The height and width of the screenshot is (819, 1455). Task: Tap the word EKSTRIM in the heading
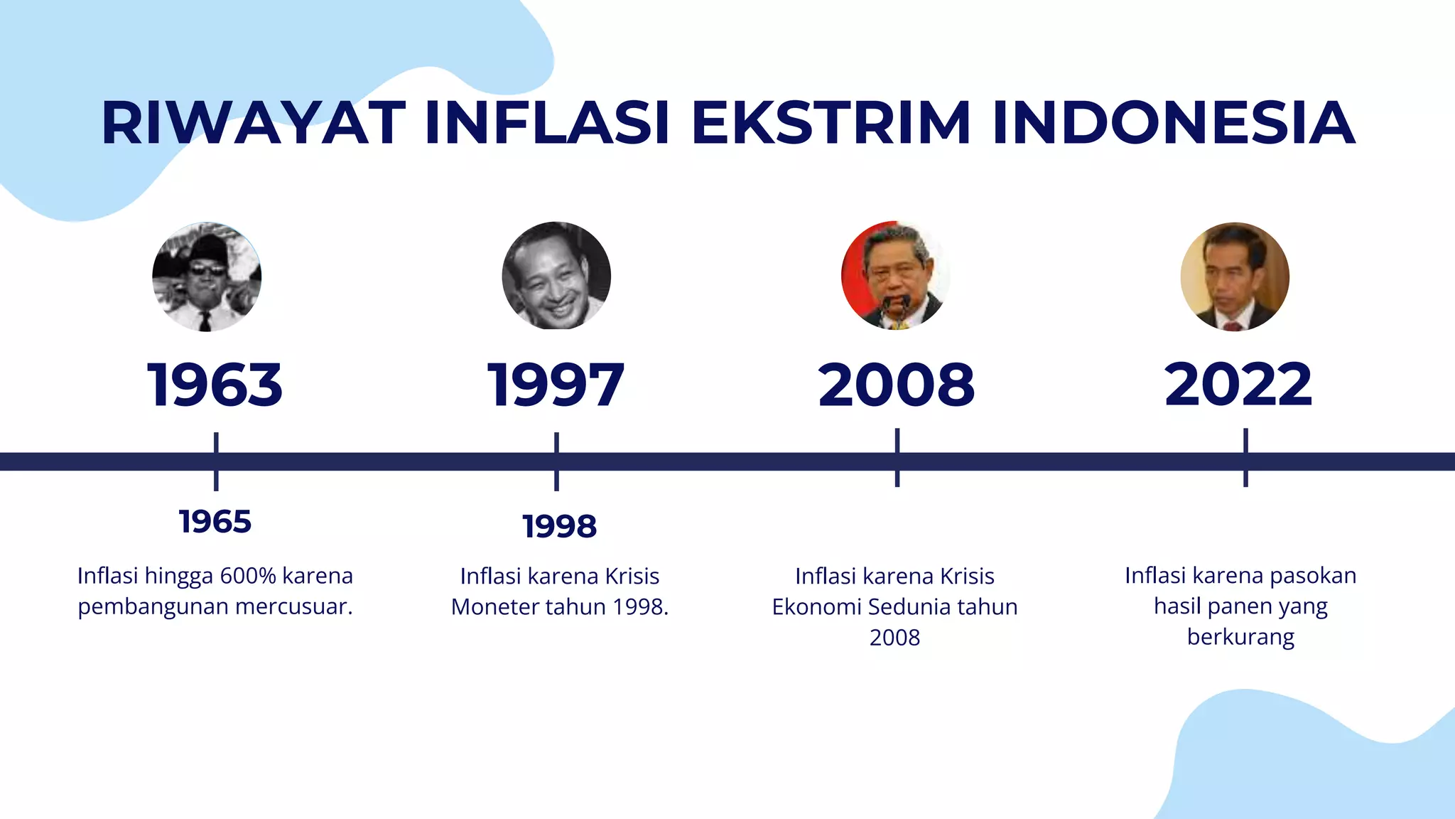tap(830, 123)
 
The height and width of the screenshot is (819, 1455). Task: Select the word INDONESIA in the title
tap(1174, 123)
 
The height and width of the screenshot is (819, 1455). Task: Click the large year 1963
tap(215, 385)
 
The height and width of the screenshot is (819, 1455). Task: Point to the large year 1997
tap(556, 385)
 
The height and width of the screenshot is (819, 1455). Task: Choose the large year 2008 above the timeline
tap(897, 385)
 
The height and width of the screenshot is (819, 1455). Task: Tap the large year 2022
tap(1238, 385)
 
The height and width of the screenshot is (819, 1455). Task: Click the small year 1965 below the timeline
tap(215, 522)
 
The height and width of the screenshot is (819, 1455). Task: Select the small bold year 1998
tap(559, 527)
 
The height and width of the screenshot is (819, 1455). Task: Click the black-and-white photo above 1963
tap(207, 277)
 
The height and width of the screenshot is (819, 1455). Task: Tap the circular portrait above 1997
tap(556, 276)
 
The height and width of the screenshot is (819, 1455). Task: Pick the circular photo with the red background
tap(895, 276)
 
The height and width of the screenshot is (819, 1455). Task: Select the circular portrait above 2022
tap(1235, 277)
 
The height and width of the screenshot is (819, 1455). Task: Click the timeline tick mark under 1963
tap(216, 461)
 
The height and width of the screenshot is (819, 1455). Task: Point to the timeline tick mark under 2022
tap(1245, 458)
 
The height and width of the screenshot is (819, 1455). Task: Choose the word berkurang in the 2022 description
tap(1240, 637)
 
